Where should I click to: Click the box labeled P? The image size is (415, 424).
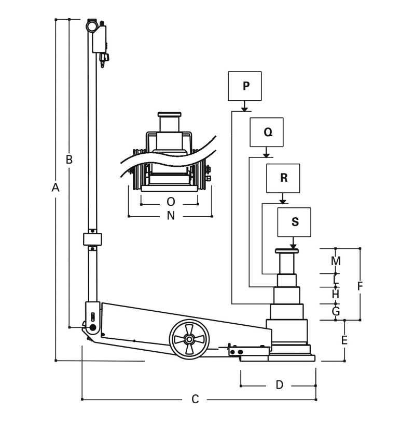point(245,86)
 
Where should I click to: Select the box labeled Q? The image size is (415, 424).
point(267,132)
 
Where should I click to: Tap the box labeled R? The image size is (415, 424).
point(283,178)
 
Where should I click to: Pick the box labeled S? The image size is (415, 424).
point(295,222)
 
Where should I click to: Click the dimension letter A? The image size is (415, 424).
point(56,188)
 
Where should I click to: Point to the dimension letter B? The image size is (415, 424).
point(68,160)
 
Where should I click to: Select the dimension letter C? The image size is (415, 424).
point(195,399)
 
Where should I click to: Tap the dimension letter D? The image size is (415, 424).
point(279,385)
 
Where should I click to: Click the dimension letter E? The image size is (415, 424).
point(344,340)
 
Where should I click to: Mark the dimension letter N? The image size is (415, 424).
point(171,216)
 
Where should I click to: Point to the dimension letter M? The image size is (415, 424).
point(336,260)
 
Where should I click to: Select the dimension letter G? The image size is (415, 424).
point(336,311)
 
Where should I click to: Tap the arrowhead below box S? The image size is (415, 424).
point(294,246)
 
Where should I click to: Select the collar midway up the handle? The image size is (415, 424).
point(92,240)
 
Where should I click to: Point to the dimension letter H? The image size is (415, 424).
point(336,294)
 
